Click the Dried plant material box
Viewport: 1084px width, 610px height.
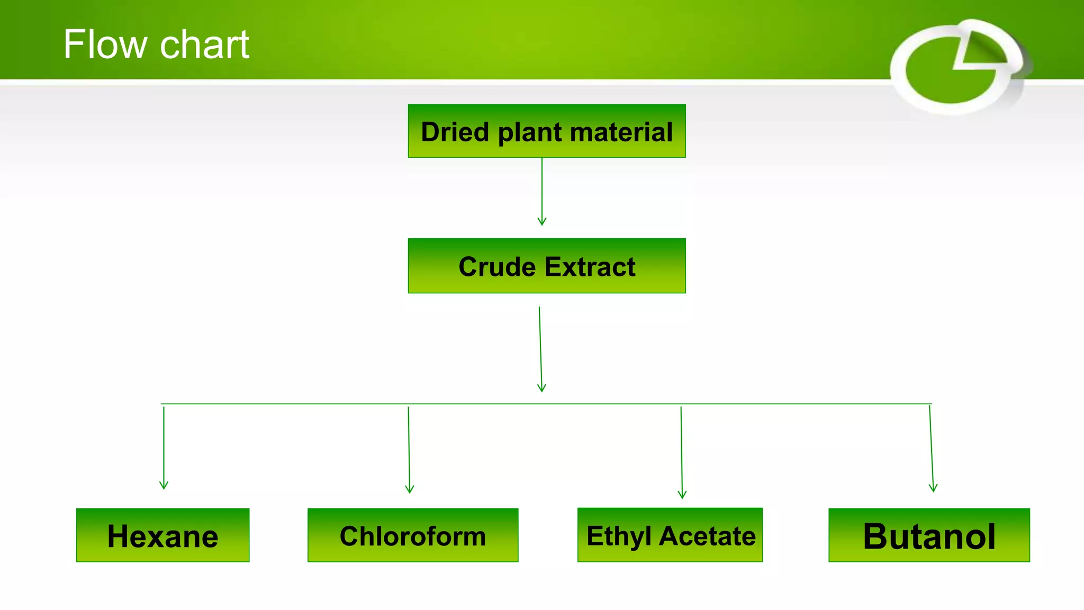click(547, 131)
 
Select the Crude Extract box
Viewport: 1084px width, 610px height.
click(547, 266)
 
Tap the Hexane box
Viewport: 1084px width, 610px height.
click(162, 535)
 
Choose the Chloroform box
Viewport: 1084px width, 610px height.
click(413, 535)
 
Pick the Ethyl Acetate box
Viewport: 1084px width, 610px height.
click(670, 535)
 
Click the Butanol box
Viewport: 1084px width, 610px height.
click(929, 535)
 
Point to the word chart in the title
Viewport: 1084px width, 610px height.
click(204, 45)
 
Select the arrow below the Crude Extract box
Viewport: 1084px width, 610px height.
click(540, 349)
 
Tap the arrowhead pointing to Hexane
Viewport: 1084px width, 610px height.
click(164, 485)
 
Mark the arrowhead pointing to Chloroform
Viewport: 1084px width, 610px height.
click(409, 489)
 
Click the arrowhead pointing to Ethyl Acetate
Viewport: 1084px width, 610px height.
click(682, 494)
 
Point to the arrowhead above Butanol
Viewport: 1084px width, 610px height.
click(933, 487)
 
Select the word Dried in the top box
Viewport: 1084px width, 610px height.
click(455, 132)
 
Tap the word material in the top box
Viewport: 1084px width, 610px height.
click(621, 132)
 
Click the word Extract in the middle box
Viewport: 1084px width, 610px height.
click(590, 266)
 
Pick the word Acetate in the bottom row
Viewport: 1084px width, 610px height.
click(707, 536)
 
